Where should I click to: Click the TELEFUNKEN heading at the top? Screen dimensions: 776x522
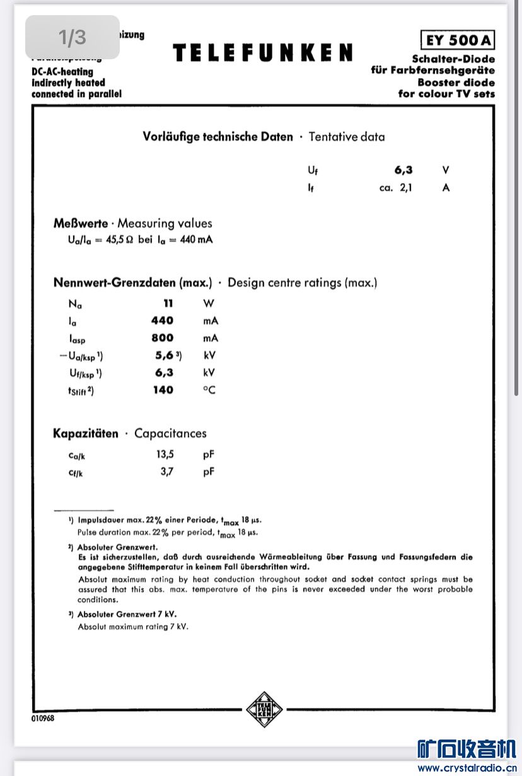(262, 53)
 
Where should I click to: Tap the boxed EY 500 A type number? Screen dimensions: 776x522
(458, 40)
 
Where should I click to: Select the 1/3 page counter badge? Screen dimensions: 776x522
(72, 37)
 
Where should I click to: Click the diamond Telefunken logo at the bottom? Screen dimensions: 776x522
(264, 709)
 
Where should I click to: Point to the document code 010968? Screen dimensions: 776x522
(43, 719)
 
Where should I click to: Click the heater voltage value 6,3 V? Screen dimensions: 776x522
(403, 170)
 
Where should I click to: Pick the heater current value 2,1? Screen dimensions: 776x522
(406, 188)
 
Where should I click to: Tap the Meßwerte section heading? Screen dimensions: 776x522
(81, 223)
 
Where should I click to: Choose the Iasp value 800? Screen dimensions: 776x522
(162, 338)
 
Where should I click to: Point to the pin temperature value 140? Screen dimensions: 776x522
(163, 390)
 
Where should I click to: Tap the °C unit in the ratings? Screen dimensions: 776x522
(209, 390)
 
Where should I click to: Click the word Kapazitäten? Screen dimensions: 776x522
(86, 434)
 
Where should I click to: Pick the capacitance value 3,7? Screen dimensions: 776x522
(167, 472)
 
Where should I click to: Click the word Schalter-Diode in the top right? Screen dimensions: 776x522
(453, 59)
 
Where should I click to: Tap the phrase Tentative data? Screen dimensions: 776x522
(346, 137)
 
